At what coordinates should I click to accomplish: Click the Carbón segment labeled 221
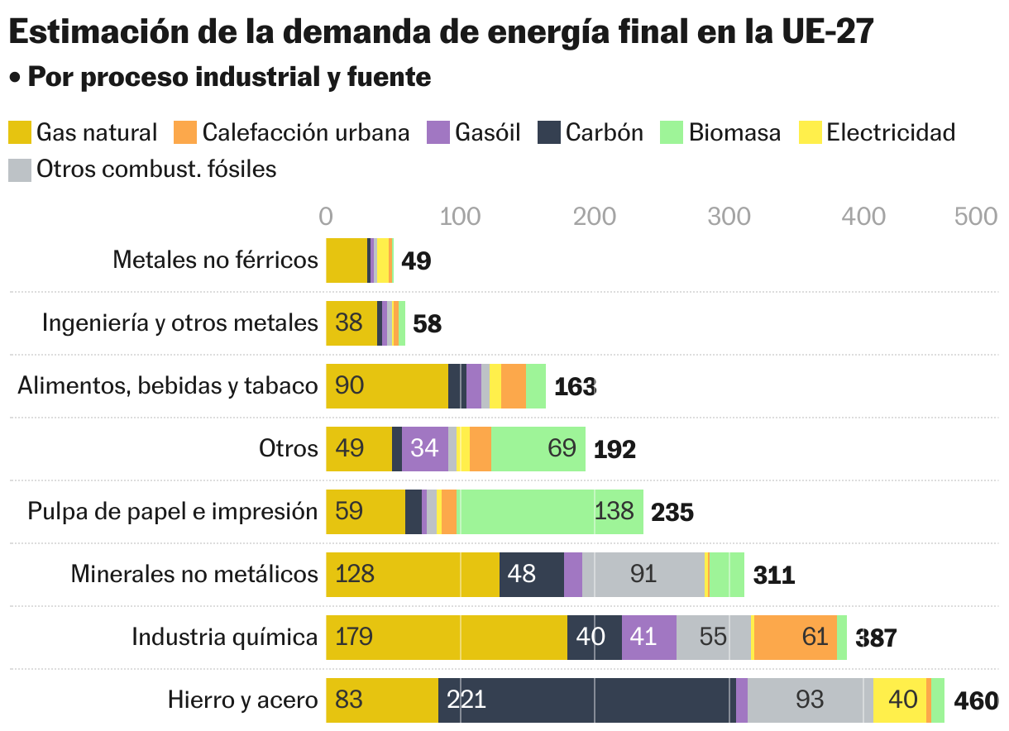(586, 700)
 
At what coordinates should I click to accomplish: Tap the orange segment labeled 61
(796, 638)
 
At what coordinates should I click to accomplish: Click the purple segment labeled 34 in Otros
(425, 449)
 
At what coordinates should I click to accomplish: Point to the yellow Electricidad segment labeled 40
(900, 700)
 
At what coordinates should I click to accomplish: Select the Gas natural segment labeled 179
(447, 638)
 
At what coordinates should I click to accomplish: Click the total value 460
(976, 701)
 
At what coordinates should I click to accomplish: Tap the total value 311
(773, 576)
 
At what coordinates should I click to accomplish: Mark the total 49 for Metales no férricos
(416, 261)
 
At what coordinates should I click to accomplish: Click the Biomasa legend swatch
(672, 132)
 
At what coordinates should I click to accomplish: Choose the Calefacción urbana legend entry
(292, 132)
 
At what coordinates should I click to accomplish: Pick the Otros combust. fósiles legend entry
(142, 170)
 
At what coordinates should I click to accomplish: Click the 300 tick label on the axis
(729, 216)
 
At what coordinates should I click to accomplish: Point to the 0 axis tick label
(326, 216)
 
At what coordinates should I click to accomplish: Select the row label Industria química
(224, 638)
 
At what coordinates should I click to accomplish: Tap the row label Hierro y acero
(242, 700)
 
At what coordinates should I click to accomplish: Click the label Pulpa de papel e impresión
(173, 512)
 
